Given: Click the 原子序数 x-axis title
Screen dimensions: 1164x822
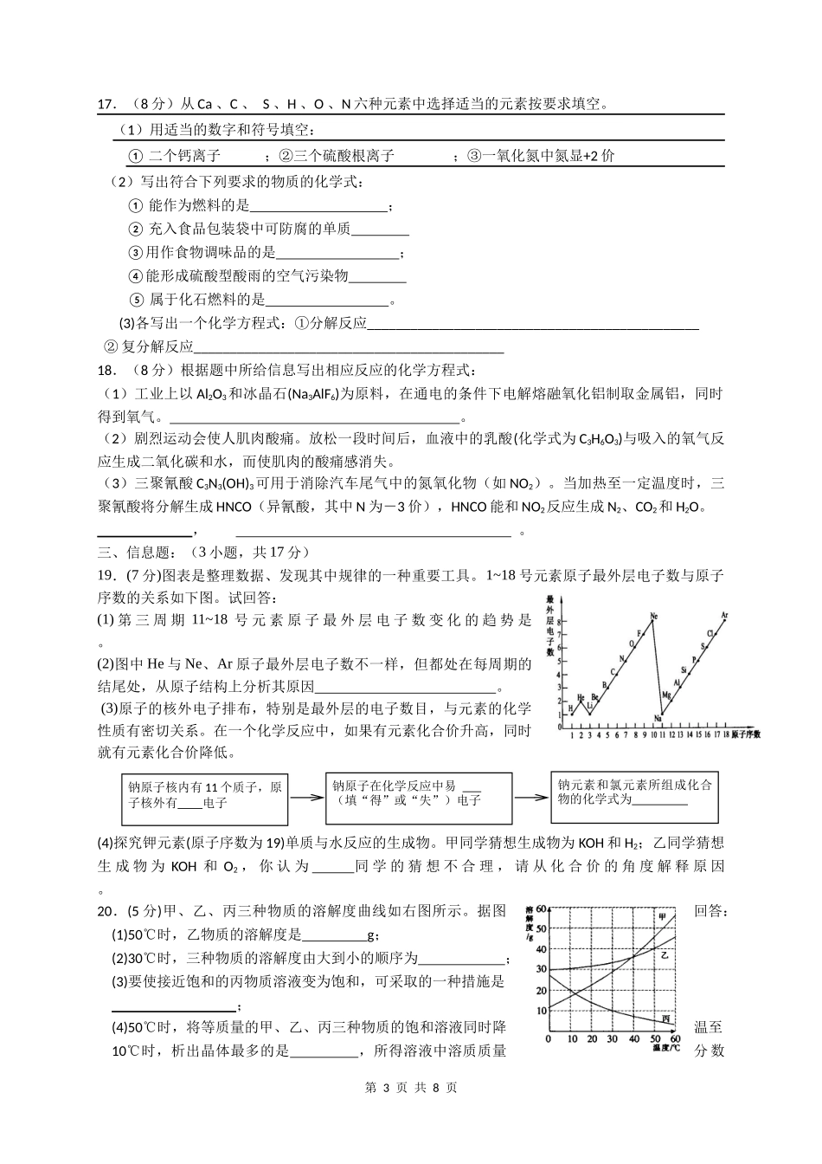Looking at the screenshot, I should (x=745, y=734).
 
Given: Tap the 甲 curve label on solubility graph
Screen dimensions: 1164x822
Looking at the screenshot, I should (x=663, y=917).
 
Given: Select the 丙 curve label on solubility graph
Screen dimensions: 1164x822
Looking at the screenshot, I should (x=665, y=1018).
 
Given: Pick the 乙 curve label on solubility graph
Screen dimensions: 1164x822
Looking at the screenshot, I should (x=665, y=954).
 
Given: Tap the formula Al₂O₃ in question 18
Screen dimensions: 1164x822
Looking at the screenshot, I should (x=211, y=394).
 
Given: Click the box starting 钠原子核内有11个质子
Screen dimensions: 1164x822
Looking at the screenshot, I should (x=204, y=796).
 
